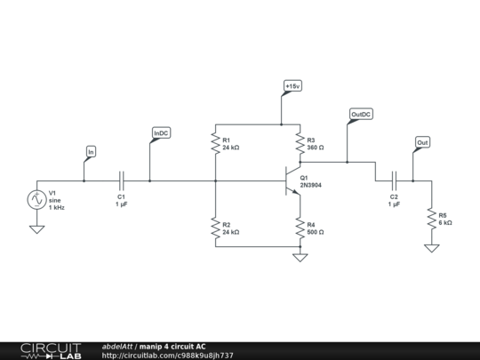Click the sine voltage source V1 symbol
click(37, 200)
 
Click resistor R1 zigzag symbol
click(215, 144)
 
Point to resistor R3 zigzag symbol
click(300, 144)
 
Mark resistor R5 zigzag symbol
click(431, 218)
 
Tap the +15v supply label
click(292, 85)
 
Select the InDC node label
click(161, 133)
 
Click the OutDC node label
click(361, 115)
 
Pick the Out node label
click(422, 142)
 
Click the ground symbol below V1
click(37, 230)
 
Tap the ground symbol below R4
click(300, 258)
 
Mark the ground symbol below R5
click(431, 248)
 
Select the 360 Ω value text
click(316, 148)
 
